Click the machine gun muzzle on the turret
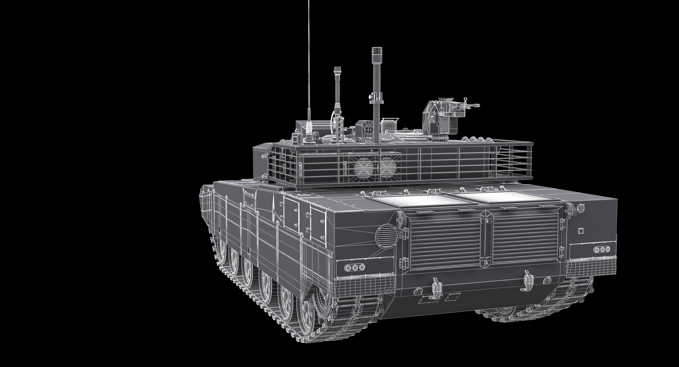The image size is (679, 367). [478, 106]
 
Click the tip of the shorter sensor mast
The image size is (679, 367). [337, 69]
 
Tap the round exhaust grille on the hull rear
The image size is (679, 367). [385, 235]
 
